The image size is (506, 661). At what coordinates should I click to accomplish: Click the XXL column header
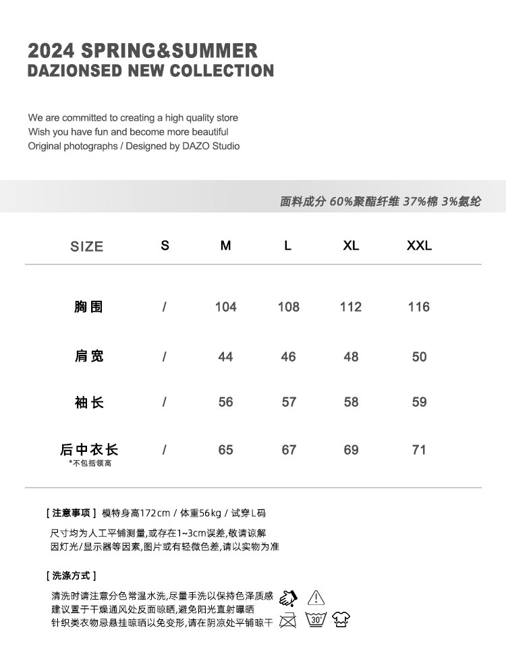419,246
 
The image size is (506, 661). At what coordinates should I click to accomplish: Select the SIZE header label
86,247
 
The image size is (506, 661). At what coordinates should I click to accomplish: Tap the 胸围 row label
88,307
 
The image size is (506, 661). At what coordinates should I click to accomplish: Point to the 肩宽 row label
88,356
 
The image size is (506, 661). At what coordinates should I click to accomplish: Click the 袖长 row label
88,403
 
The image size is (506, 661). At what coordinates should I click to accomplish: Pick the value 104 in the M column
225,307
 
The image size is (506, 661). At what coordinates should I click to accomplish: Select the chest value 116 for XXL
418,307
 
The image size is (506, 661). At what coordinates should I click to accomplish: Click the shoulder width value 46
288,357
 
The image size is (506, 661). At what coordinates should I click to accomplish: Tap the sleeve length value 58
351,402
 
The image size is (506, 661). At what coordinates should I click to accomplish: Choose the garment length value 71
419,450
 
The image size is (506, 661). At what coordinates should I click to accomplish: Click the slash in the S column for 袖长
164,403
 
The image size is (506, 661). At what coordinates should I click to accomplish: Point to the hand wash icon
288,598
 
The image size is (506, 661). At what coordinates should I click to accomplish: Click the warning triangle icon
316,598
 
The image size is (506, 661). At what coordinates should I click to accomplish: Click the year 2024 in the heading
51,51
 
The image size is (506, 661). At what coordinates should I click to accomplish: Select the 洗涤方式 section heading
72,575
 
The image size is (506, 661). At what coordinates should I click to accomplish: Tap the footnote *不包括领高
90,463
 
